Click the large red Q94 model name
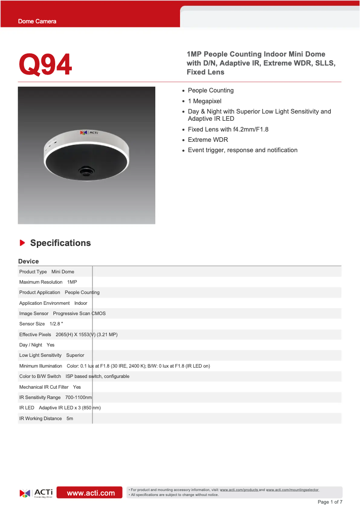(45, 65)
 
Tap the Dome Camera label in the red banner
(37, 22)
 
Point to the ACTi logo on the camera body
(89, 132)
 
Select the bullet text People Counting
(211, 90)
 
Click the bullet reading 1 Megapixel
(204, 101)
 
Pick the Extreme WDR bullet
(208, 140)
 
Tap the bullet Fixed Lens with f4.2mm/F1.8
(228, 129)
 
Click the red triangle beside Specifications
(22, 243)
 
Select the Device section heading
(28, 261)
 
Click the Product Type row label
(33, 272)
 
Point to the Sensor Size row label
(32, 324)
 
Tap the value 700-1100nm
(79, 397)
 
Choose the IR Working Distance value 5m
(70, 418)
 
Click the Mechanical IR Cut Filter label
(44, 387)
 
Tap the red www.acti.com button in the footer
(91, 493)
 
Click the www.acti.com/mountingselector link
(292, 490)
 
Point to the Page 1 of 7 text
(330, 502)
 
